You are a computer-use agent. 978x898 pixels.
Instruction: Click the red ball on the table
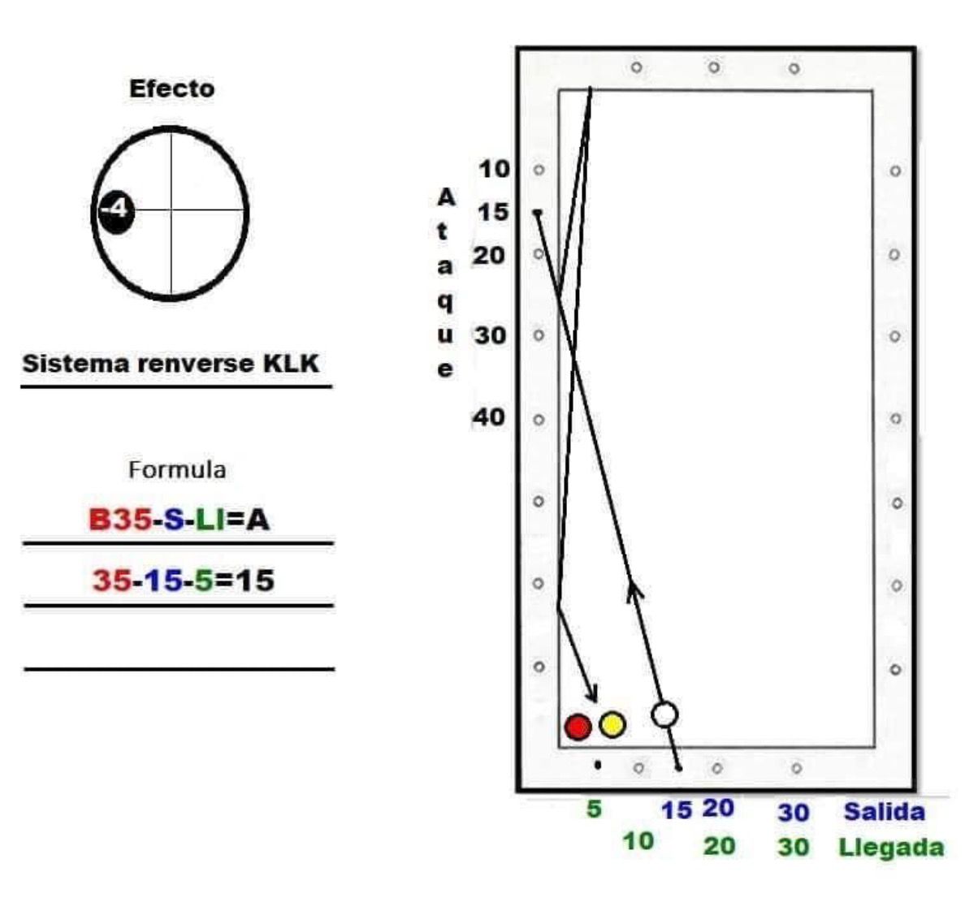tap(578, 727)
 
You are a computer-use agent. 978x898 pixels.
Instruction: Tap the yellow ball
tap(612, 724)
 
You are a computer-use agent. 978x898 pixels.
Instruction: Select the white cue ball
tap(664, 715)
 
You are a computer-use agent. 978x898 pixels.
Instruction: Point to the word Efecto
tap(172, 89)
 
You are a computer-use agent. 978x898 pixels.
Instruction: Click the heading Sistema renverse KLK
tap(171, 363)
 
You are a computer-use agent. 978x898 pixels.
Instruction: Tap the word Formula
tap(177, 469)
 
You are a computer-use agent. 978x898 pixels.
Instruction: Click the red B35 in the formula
tap(120, 520)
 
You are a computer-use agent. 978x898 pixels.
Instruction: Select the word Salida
tap(884, 811)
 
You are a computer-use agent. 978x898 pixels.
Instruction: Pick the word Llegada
tap(891, 848)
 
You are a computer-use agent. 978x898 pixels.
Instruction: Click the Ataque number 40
tap(489, 417)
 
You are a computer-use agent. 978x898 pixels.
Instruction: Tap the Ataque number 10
tap(494, 169)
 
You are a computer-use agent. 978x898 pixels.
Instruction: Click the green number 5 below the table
tap(595, 809)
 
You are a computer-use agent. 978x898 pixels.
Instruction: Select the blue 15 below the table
tap(676, 810)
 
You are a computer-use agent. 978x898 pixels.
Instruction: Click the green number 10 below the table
tap(638, 841)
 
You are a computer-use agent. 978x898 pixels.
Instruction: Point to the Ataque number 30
tap(490, 335)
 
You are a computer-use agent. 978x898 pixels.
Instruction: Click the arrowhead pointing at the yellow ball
tap(595, 696)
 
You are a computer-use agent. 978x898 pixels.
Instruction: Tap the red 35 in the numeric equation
tap(111, 581)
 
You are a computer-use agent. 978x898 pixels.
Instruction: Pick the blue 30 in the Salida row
tap(793, 812)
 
